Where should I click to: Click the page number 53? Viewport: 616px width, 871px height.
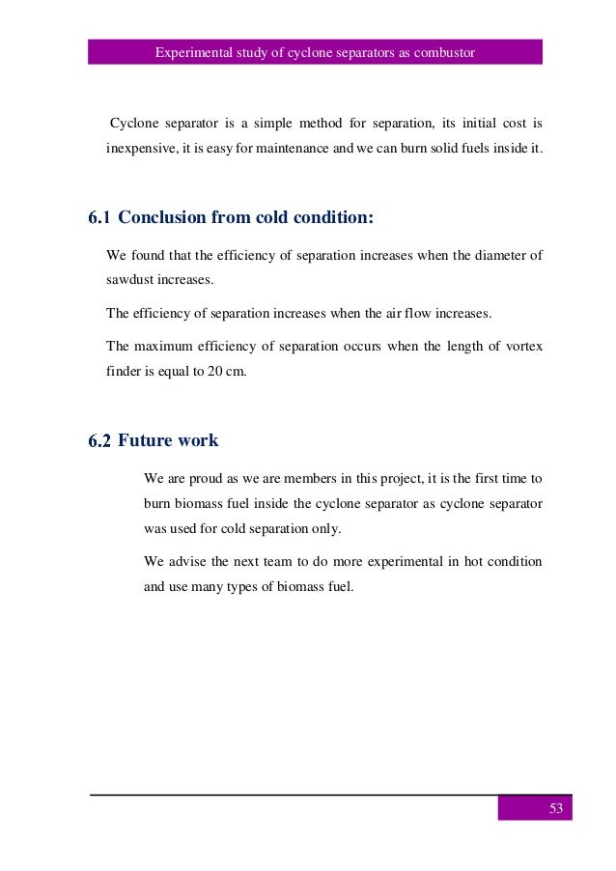click(x=555, y=808)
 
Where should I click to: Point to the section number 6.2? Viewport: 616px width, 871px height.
click(x=100, y=441)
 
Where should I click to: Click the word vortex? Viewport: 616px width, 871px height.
click(x=523, y=345)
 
